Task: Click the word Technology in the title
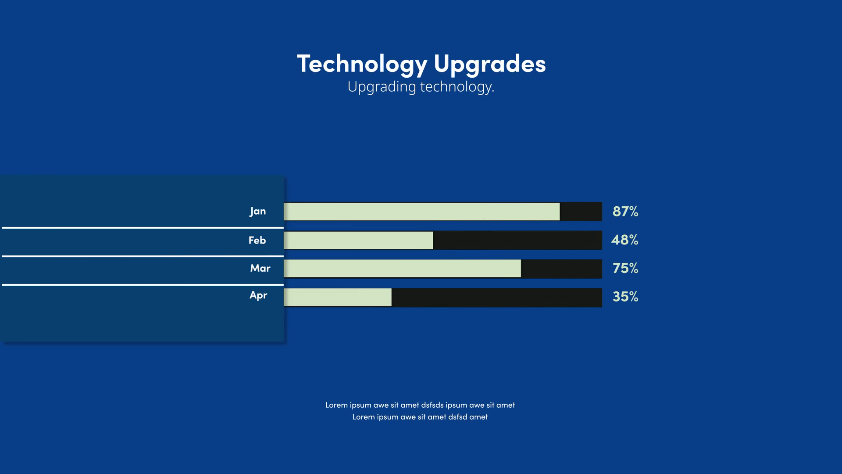pos(362,64)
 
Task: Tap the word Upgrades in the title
pos(489,64)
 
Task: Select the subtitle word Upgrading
pos(382,87)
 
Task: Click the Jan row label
pos(258,211)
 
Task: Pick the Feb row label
pos(257,240)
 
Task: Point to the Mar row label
pos(260,268)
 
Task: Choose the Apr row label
pos(258,295)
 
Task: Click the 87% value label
pos(625,212)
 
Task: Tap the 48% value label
pos(625,240)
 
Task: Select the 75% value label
pos(625,268)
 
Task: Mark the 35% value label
pos(625,297)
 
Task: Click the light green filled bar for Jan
pos(421,212)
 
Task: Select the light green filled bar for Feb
pos(358,241)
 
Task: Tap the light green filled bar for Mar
pos(402,269)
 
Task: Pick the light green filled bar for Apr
pos(338,298)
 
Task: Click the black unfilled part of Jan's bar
pos(581,212)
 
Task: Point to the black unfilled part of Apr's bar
pos(496,298)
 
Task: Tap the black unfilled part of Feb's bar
pos(517,241)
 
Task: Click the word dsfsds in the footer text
pos(432,405)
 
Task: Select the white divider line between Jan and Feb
pos(143,228)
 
